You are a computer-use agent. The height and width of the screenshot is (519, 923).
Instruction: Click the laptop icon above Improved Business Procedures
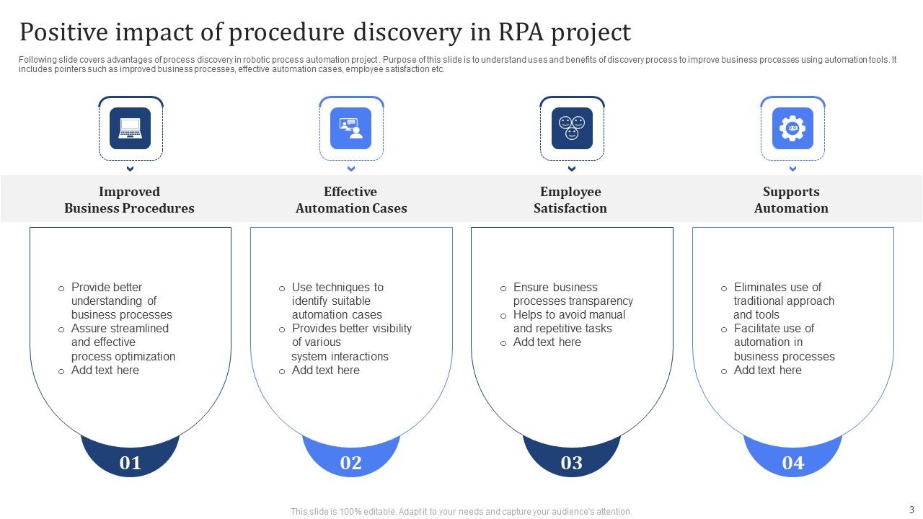(131, 128)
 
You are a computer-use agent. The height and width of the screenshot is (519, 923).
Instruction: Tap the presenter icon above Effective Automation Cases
(351, 128)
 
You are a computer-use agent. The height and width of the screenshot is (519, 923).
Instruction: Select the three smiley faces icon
(572, 128)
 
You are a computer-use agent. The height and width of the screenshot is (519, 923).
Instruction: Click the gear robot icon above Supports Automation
(792, 128)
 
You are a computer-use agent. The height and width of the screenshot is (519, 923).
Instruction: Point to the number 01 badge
(131, 462)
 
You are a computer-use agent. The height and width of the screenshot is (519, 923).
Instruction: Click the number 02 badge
(351, 462)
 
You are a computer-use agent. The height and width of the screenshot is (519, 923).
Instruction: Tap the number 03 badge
(572, 462)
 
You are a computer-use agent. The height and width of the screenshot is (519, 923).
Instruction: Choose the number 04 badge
(792, 462)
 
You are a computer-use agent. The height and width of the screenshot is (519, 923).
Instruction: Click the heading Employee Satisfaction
(570, 200)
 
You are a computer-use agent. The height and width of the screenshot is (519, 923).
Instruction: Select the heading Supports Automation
(791, 200)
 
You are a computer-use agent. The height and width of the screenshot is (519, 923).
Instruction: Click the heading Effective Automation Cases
(351, 200)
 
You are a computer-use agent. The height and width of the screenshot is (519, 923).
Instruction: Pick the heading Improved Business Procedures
(129, 200)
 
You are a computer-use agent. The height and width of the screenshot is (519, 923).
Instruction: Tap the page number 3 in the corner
(911, 509)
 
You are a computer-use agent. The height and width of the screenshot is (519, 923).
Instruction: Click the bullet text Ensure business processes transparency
(572, 294)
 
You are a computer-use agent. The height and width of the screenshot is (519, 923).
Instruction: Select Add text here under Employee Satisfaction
(547, 342)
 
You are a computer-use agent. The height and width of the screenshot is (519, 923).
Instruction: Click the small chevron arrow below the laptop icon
(131, 169)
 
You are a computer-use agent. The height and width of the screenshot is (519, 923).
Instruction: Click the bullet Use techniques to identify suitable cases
(337, 301)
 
